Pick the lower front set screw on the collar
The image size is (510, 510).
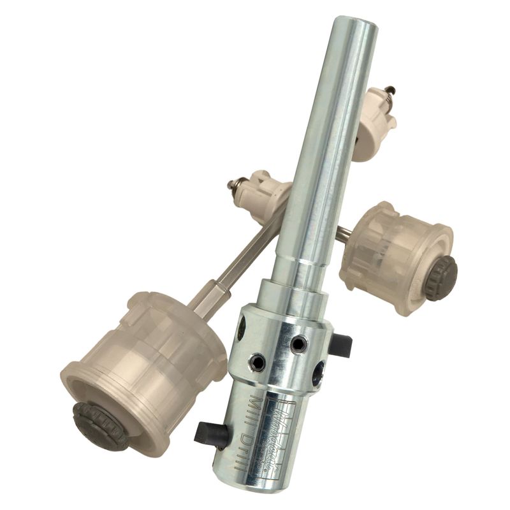(258, 363)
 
